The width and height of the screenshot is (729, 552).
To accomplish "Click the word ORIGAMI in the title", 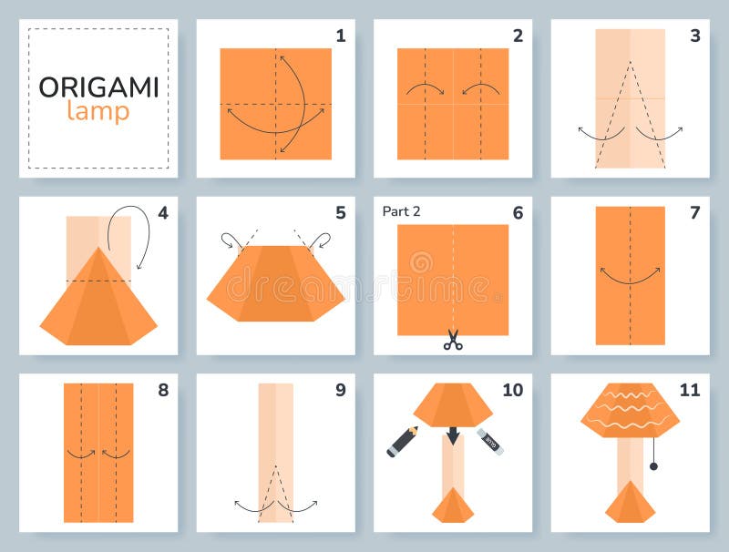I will click(x=98, y=87).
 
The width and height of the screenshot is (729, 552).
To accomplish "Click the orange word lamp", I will click(x=98, y=111).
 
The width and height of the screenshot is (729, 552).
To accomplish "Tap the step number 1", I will click(x=340, y=36).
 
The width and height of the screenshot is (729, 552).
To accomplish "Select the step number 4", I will click(x=163, y=213).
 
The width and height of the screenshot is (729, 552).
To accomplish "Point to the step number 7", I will click(x=694, y=213).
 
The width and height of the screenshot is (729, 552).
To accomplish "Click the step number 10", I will click(x=512, y=390).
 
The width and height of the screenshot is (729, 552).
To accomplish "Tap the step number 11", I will click(x=689, y=390).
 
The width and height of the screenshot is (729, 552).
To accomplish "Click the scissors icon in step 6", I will click(x=453, y=341).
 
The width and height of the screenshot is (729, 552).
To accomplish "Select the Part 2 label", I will click(x=401, y=211).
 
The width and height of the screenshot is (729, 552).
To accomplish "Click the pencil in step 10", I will click(x=402, y=441).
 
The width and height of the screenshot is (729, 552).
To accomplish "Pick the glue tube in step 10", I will click(x=489, y=441).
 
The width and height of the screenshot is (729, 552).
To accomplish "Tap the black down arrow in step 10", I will click(x=453, y=437).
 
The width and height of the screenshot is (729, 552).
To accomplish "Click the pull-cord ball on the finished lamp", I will click(x=653, y=466).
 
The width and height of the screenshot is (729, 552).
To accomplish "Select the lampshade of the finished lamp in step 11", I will click(x=630, y=410).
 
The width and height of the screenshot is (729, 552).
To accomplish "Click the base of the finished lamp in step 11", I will click(x=630, y=502).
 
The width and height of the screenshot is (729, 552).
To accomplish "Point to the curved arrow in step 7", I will click(x=630, y=275).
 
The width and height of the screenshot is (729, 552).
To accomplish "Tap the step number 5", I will click(x=340, y=213).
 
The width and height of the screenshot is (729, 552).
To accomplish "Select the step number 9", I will click(x=340, y=390).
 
